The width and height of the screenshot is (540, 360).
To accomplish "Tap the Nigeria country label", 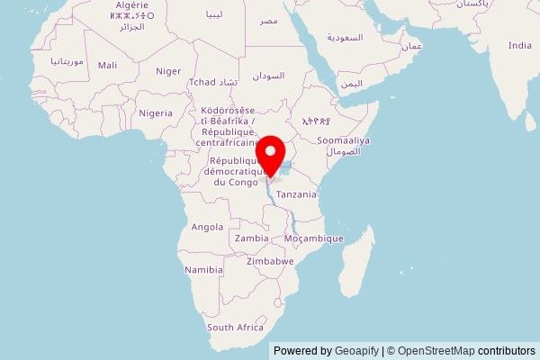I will pyautogui.click(x=155, y=113).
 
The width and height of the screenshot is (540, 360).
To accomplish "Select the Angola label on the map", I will pyautogui.click(x=207, y=227).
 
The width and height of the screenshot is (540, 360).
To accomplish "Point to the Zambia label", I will pyautogui.click(x=251, y=238).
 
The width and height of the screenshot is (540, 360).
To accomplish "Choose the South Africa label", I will pyautogui.click(x=235, y=328).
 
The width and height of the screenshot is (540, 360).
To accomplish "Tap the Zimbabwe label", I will pyautogui.click(x=270, y=261).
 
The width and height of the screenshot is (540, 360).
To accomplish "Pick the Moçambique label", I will pyautogui.click(x=314, y=238).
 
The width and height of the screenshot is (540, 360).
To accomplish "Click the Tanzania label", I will pyautogui.click(x=296, y=194).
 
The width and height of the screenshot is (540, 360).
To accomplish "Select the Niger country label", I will pyautogui.click(x=168, y=71).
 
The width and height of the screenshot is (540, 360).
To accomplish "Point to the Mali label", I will pyautogui.click(x=107, y=66).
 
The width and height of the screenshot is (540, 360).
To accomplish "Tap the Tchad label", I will pyautogui.click(x=202, y=82).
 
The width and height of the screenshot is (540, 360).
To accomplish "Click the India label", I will pyautogui.click(x=519, y=45).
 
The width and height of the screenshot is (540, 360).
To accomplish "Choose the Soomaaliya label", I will pyautogui.click(x=345, y=141).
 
